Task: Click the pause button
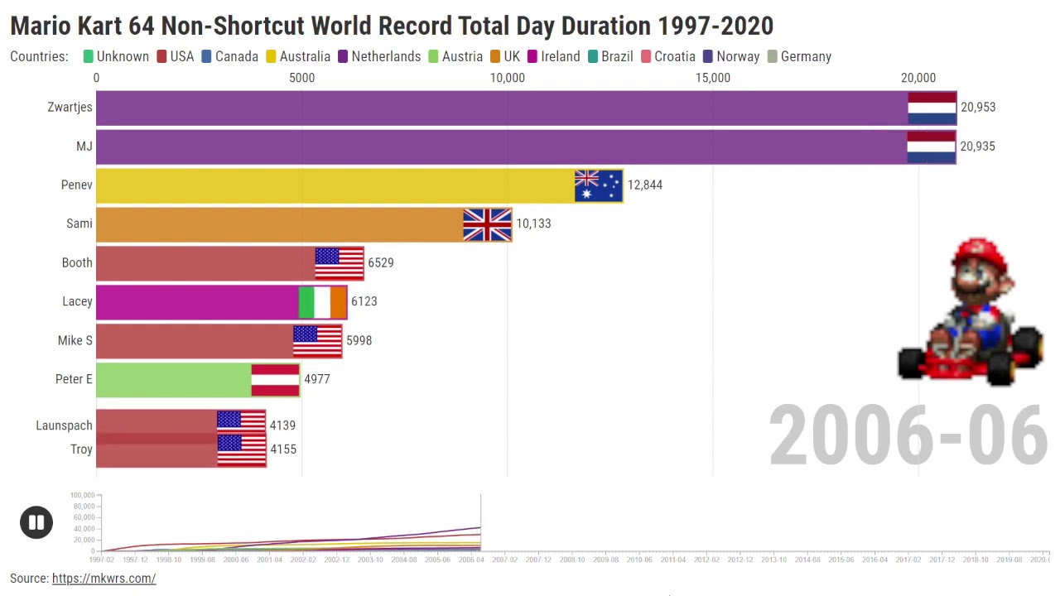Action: [36, 522]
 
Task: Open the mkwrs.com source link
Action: [104, 579]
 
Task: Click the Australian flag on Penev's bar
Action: [598, 185]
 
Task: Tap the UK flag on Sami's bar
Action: [487, 224]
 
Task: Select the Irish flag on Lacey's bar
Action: [322, 302]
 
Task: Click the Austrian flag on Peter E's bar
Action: [275, 380]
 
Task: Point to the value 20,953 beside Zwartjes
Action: [978, 107]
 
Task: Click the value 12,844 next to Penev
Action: [644, 185]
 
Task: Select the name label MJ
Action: [84, 147]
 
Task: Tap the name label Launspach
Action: [64, 425]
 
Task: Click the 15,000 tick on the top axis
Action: [712, 78]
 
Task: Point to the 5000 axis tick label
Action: [301, 78]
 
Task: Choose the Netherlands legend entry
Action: [385, 56]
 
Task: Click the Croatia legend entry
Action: [674, 56]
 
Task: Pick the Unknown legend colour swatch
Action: [88, 56]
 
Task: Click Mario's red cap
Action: [981, 256]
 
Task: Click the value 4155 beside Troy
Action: [282, 449]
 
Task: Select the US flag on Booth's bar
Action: [339, 263]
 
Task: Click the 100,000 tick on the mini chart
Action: [83, 495]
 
